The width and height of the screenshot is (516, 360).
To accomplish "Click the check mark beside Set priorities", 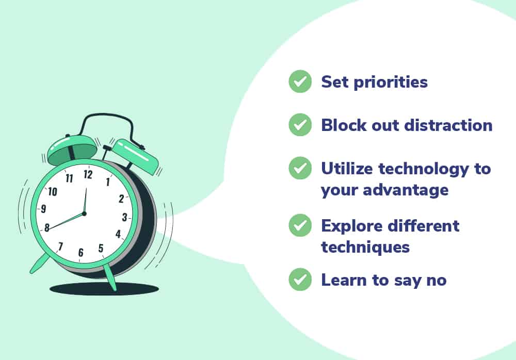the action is (x=300, y=81).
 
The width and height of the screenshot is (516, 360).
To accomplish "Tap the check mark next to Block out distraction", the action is (x=300, y=125).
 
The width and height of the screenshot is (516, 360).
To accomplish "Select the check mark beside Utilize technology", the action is (x=300, y=168).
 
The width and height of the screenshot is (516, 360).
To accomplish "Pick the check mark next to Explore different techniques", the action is (x=300, y=225).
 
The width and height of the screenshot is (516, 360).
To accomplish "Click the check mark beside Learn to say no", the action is (x=300, y=280).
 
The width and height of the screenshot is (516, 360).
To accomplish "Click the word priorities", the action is (x=391, y=83).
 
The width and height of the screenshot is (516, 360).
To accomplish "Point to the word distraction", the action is (x=448, y=125).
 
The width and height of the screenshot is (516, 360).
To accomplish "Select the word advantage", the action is (x=406, y=191).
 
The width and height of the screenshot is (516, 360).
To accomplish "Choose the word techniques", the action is (x=365, y=248).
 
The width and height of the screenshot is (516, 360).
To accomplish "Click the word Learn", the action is (x=344, y=280).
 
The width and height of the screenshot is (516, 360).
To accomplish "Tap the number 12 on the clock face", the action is (x=88, y=174).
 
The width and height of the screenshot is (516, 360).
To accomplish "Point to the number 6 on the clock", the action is (x=80, y=252).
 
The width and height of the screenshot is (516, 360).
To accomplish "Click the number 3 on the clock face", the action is (x=124, y=217).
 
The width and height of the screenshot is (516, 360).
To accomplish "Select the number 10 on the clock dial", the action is (x=53, y=191).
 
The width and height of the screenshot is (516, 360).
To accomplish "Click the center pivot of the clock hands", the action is (x=84, y=214).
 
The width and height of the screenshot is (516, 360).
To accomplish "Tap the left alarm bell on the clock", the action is (x=72, y=149).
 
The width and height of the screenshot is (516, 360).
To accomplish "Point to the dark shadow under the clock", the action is (x=104, y=289).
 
